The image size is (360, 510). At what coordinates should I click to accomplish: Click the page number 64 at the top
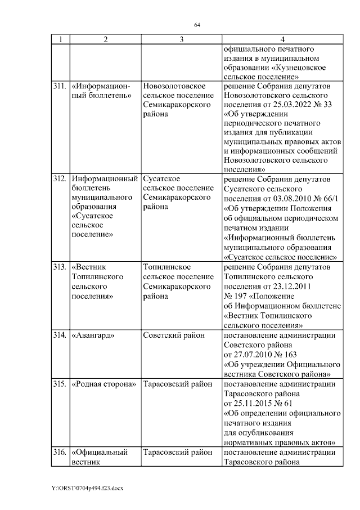[197, 25]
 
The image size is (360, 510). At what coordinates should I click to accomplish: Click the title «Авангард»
[93, 335]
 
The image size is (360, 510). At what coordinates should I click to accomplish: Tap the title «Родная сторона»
[105, 384]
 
